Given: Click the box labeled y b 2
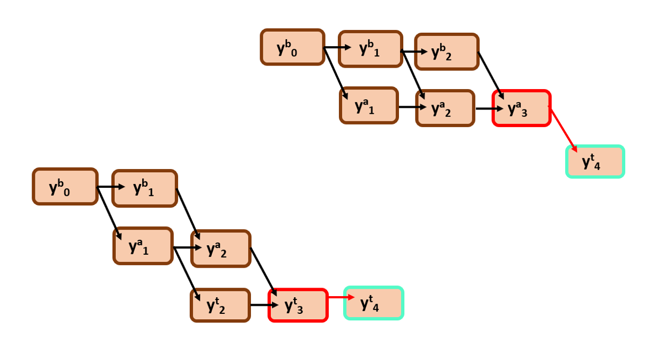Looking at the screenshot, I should tap(447, 52).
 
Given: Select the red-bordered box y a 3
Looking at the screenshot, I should tap(521, 108).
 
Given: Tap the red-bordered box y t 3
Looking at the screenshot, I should tap(298, 305).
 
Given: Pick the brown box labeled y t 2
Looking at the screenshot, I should tap(220, 305).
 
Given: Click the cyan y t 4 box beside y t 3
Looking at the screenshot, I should tap(373, 303).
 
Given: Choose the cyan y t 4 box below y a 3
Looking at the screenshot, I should tap(595, 161).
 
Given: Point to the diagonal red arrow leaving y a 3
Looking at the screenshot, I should tap(563, 129).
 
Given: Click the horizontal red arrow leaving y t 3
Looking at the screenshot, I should tap(341, 297).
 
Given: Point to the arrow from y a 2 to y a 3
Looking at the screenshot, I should tap(488, 108).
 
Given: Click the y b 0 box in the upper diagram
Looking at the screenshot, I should tap(293, 47).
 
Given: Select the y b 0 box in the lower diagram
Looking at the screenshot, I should tap(65, 187).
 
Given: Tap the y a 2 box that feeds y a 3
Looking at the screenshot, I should tap(445, 108).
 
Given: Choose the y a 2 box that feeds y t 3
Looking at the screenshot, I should tap(220, 248).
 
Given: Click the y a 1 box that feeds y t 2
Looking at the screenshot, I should tap(143, 246).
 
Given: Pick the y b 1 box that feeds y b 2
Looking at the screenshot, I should tap(370, 49).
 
